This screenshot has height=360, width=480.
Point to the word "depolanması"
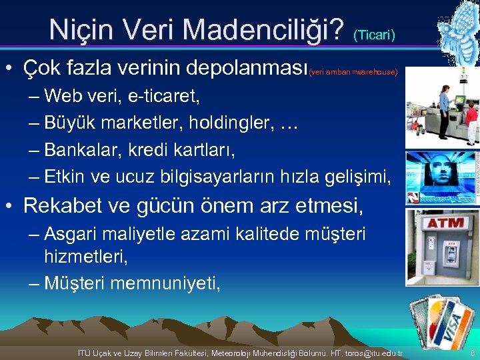[x=247, y=68]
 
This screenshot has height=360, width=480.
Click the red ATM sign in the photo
[x=445, y=222]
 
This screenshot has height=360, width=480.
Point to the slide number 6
[x=472, y=351]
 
